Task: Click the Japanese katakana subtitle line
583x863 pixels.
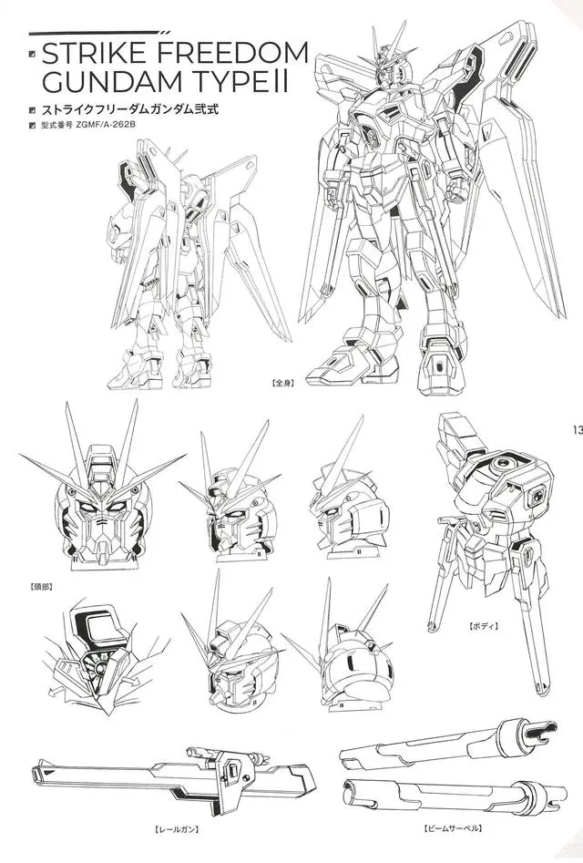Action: [130, 109]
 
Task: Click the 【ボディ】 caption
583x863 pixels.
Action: [484, 626]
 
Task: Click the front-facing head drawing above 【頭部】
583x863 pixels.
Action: [103, 496]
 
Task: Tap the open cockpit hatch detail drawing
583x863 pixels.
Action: [99, 658]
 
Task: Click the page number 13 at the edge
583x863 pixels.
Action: [577, 430]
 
